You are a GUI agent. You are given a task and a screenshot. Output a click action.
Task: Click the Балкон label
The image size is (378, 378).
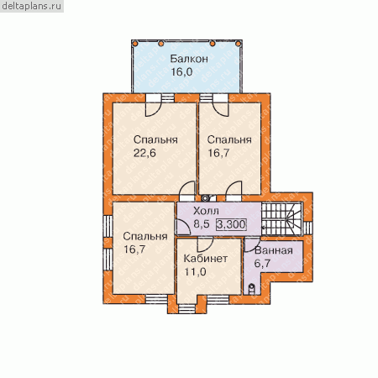pyautogui.click(x=189, y=59)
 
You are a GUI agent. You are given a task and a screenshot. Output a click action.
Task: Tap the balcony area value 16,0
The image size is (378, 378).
pyautogui.click(x=181, y=72)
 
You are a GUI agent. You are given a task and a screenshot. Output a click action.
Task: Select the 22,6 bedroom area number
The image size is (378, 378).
pyautogui.click(x=144, y=153)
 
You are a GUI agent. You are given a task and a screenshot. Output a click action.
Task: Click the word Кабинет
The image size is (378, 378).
pyautogui.click(x=205, y=259)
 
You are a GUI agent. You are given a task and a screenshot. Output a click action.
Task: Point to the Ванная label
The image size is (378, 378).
pyautogui.click(x=274, y=250)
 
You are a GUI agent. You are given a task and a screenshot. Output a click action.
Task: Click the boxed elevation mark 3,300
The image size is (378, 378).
pyautogui.click(x=231, y=224)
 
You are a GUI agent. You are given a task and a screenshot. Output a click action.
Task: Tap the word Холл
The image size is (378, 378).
pyautogui.click(x=206, y=211)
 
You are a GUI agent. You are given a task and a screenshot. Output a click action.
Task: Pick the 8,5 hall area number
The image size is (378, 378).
pyautogui.click(x=202, y=224)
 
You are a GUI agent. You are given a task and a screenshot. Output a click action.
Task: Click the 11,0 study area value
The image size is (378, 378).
pyautogui.click(x=195, y=271)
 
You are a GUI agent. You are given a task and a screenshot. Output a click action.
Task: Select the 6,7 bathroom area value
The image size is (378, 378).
pyautogui.click(x=262, y=263)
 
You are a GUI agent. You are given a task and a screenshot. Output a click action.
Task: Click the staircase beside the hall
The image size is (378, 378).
pyautogui.click(x=281, y=219)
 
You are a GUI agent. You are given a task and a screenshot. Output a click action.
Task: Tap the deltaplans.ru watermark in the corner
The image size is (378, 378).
pyautogui.click(x=31, y=6)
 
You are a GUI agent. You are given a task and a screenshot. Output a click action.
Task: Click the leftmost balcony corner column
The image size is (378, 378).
pyautogui.click(x=135, y=44)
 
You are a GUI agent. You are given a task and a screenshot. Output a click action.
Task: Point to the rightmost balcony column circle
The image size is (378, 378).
pyautogui.click(x=238, y=44)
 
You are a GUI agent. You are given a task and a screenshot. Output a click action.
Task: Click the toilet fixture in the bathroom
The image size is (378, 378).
pyautogui.click(x=252, y=289)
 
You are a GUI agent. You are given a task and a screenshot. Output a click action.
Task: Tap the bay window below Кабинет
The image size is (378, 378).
pyautogui.click(x=186, y=308)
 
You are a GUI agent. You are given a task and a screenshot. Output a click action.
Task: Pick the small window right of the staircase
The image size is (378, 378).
pyautogui.click(x=307, y=228)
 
